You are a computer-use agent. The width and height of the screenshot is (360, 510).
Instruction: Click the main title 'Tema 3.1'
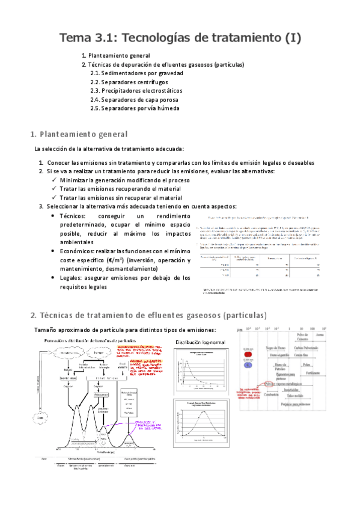pyautogui.click(x=180, y=38)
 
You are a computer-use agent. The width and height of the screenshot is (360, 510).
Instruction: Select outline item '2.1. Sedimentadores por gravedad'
pyautogui.click(x=136, y=73)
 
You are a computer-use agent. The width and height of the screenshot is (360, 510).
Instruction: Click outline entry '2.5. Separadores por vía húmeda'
pyautogui.click(x=135, y=108)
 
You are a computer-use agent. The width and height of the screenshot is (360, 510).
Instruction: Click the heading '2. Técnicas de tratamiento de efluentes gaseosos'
pyautogui.click(x=148, y=315)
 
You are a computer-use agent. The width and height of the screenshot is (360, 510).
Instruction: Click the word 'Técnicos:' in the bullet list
pyautogui.click(x=73, y=215)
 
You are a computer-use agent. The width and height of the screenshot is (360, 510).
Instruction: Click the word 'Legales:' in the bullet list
pyautogui.click(x=73, y=278)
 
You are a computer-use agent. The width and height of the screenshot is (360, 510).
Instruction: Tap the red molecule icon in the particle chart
pyautogui.click(x=248, y=354)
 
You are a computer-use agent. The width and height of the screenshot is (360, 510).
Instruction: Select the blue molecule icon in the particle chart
pyautogui.click(x=248, y=364)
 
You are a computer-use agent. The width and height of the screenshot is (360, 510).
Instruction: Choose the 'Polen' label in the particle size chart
pyautogui.click(x=306, y=364)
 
